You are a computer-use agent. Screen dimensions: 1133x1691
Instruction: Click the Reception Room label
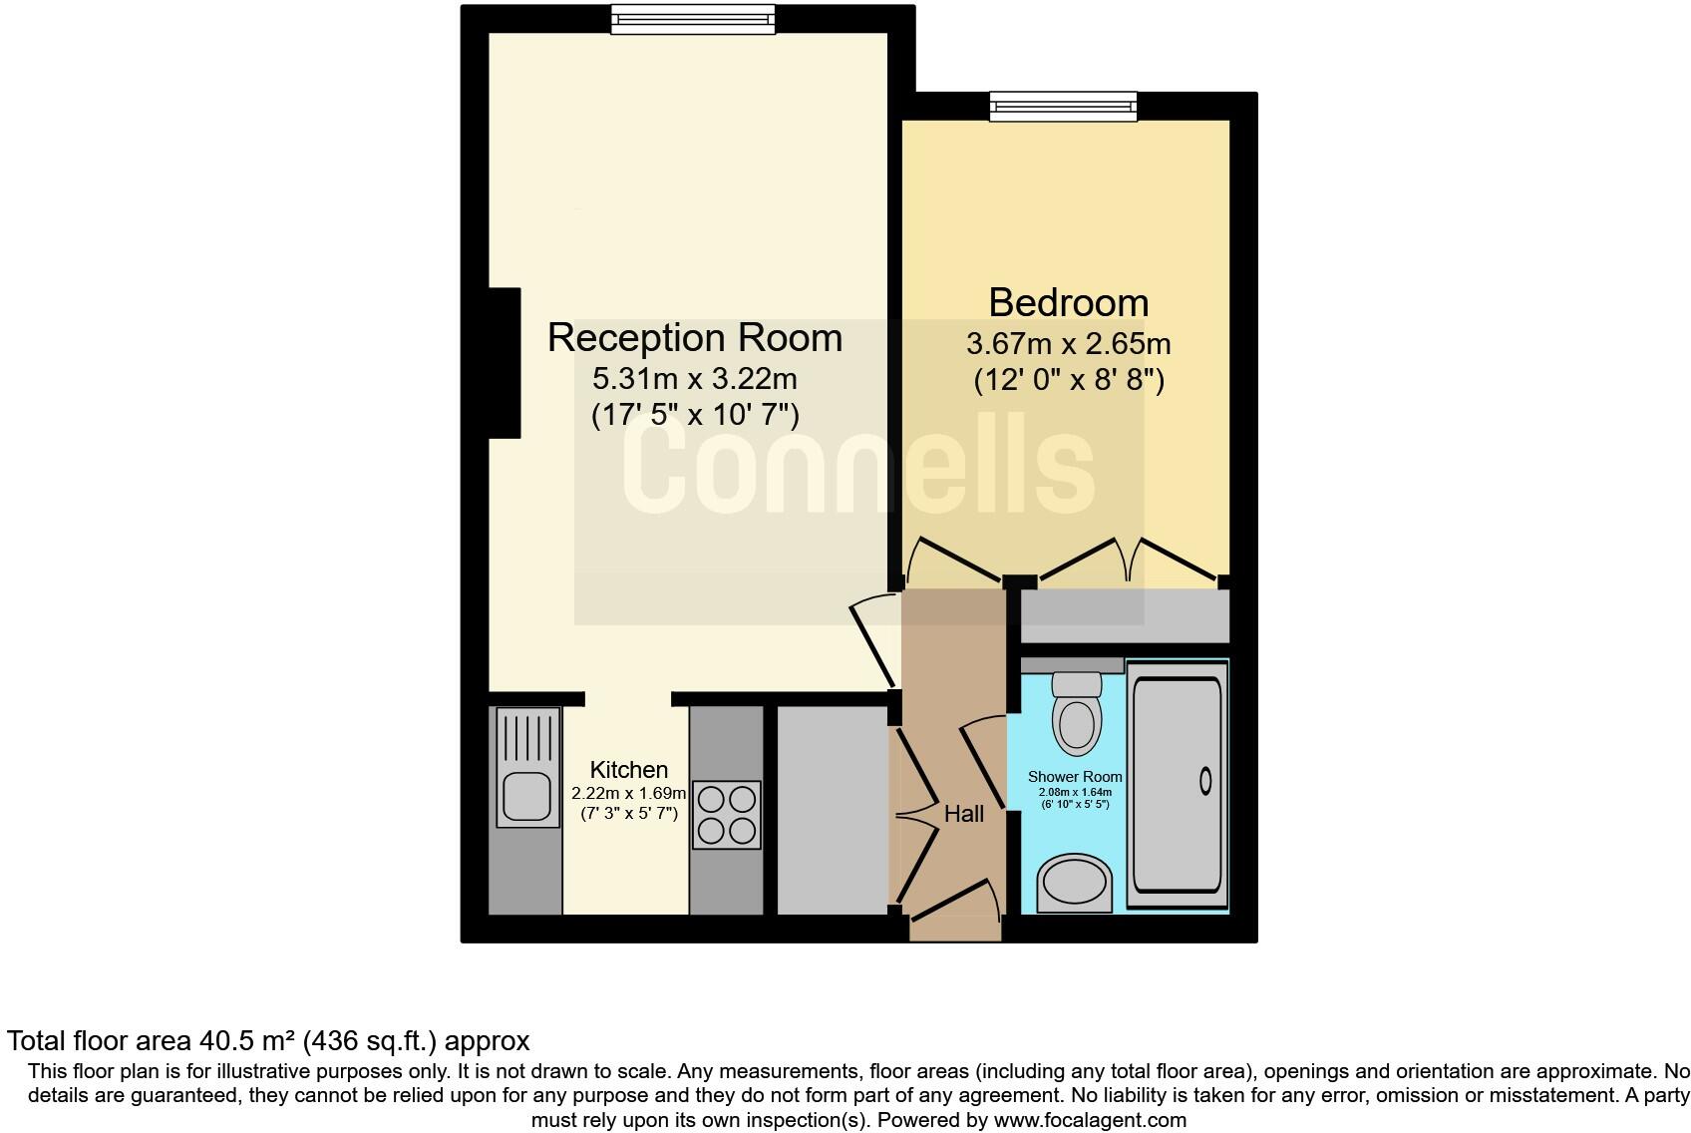tap(695, 338)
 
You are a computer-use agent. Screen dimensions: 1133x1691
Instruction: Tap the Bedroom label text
tap(1068, 302)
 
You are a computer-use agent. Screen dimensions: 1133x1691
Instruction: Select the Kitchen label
tap(628, 770)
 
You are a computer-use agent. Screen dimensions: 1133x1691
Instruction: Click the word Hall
tap(964, 814)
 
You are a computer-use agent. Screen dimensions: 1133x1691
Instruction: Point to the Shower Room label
tap(1075, 777)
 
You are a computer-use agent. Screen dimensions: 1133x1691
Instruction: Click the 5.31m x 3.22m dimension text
tap(695, 379)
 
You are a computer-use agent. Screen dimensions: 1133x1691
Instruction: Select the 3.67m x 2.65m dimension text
tap(1068, 345)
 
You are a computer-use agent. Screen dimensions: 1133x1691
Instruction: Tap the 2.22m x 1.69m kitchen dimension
tap(628, 794)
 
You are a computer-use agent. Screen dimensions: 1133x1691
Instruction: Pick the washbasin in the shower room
tap(1075, 883)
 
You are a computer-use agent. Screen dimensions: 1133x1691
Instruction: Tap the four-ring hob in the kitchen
tap(726, 814)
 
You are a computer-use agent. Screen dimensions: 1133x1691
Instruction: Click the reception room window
tap(692, 19)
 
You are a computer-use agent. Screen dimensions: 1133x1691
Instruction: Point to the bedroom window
tap(1063, 106)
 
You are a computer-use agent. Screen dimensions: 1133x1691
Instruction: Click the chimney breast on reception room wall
tap(505, 362)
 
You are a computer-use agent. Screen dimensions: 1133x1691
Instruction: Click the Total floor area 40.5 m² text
tap(268, 1041)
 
